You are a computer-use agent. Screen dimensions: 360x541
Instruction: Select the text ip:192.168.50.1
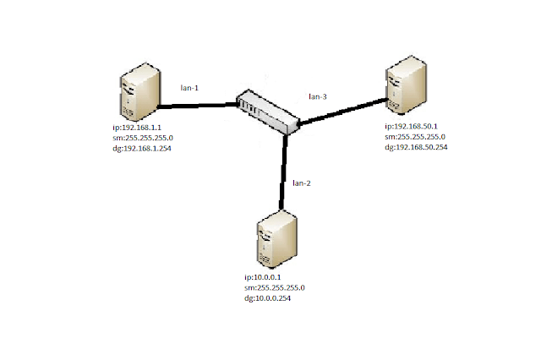pyautogui.click(x=410, y=125)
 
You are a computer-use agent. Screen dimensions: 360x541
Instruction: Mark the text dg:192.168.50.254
pyautogui.click(x=416, y=147)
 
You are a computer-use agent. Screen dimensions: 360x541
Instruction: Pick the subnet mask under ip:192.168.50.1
pyautogui.click(x=414, y=136)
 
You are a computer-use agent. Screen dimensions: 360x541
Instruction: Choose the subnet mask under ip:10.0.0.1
pyautogui.click(x=274, y=287)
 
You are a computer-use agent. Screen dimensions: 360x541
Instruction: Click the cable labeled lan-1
pyautogui.click(x=195, y=106)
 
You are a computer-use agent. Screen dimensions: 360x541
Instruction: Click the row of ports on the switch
pyautogui.click(x=250, y=106)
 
